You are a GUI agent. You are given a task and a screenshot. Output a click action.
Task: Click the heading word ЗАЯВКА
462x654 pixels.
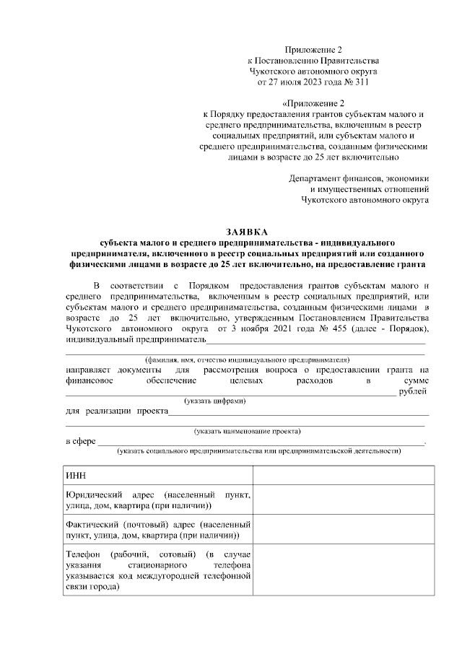[246, 232]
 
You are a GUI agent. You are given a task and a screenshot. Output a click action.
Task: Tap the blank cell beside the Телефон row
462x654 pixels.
[343, 570]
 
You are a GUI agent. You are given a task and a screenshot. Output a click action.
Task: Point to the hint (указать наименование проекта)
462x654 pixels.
[247, 431]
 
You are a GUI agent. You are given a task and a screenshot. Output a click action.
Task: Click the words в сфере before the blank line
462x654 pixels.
[80, 441]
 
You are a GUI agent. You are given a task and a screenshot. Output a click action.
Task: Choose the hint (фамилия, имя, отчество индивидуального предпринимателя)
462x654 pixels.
[247, 359]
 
